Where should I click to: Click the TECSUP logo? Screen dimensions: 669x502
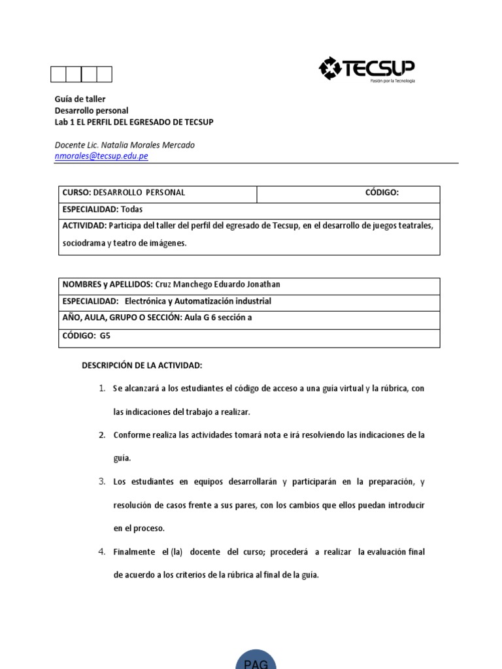pos(367,69)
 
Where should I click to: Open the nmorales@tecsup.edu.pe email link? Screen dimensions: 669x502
pos(101,156)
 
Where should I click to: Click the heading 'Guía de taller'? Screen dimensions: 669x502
pos(80,99)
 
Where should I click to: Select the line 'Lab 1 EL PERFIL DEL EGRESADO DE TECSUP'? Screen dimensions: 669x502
pos(133,122)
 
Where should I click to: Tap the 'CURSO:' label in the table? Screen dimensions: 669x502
pos(76,193)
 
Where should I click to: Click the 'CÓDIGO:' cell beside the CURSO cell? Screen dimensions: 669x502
pos(381,193)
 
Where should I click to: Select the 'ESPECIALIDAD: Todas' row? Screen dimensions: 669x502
pos(102,210)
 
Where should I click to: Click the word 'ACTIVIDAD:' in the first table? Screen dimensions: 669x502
pos(84,226)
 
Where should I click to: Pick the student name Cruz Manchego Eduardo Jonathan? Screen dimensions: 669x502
pos(218,284)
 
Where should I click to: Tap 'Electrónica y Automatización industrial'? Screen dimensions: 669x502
pos(197,301)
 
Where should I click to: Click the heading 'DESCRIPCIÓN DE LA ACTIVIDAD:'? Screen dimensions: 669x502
pos(142,365)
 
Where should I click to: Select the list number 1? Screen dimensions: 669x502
pos(102,389)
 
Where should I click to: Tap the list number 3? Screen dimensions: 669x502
pos(102,481)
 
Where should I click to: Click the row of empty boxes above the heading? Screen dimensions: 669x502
pos(82,74)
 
